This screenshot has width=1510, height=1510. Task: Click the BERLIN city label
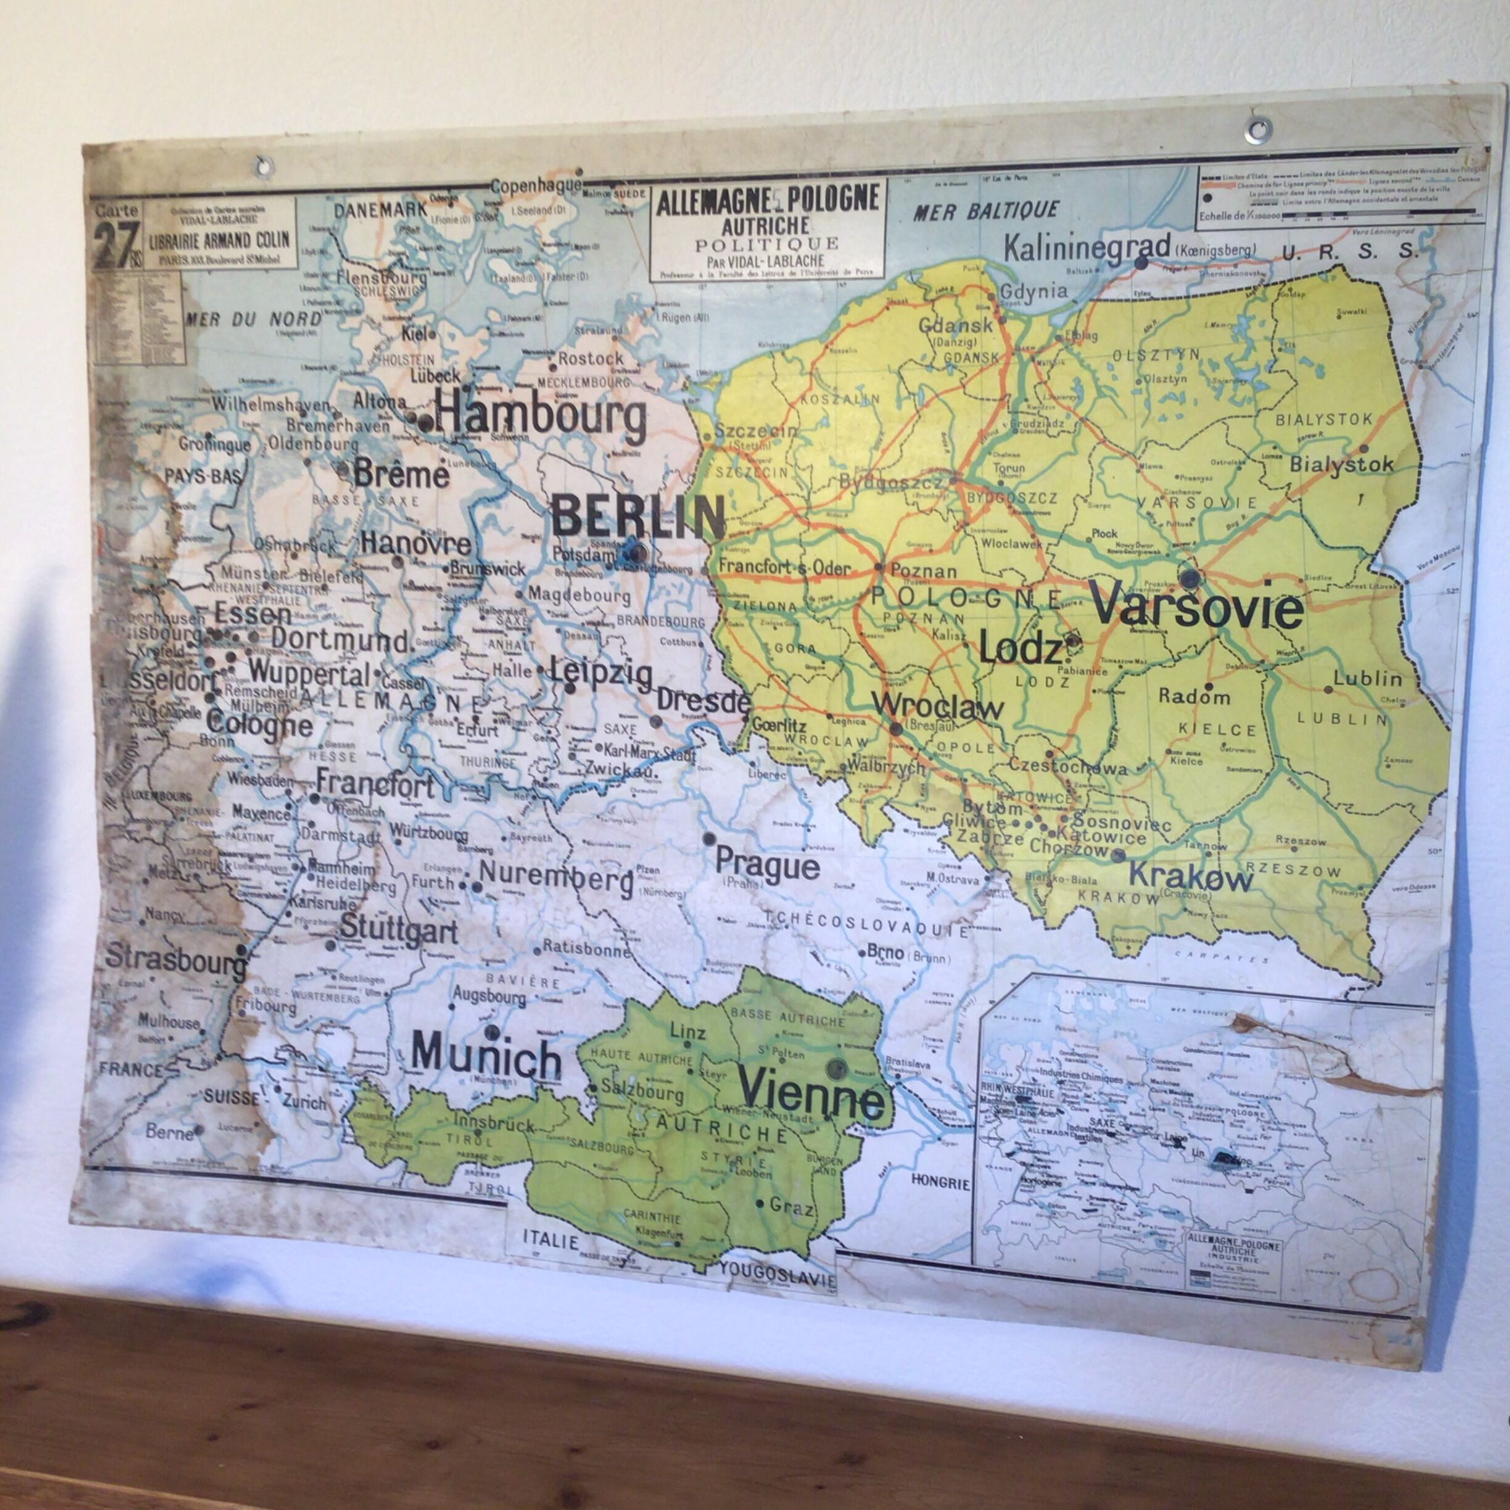tap(638, 516)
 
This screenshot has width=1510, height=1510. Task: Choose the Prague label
tap(767, 866)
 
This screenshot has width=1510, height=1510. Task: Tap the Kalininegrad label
tap(1086, 249)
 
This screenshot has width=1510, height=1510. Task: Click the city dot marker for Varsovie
tap(1189, 577)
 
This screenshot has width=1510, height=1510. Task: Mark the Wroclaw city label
tap(937, 708)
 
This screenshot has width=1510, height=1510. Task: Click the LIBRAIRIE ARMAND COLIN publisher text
tap(220, 240)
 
